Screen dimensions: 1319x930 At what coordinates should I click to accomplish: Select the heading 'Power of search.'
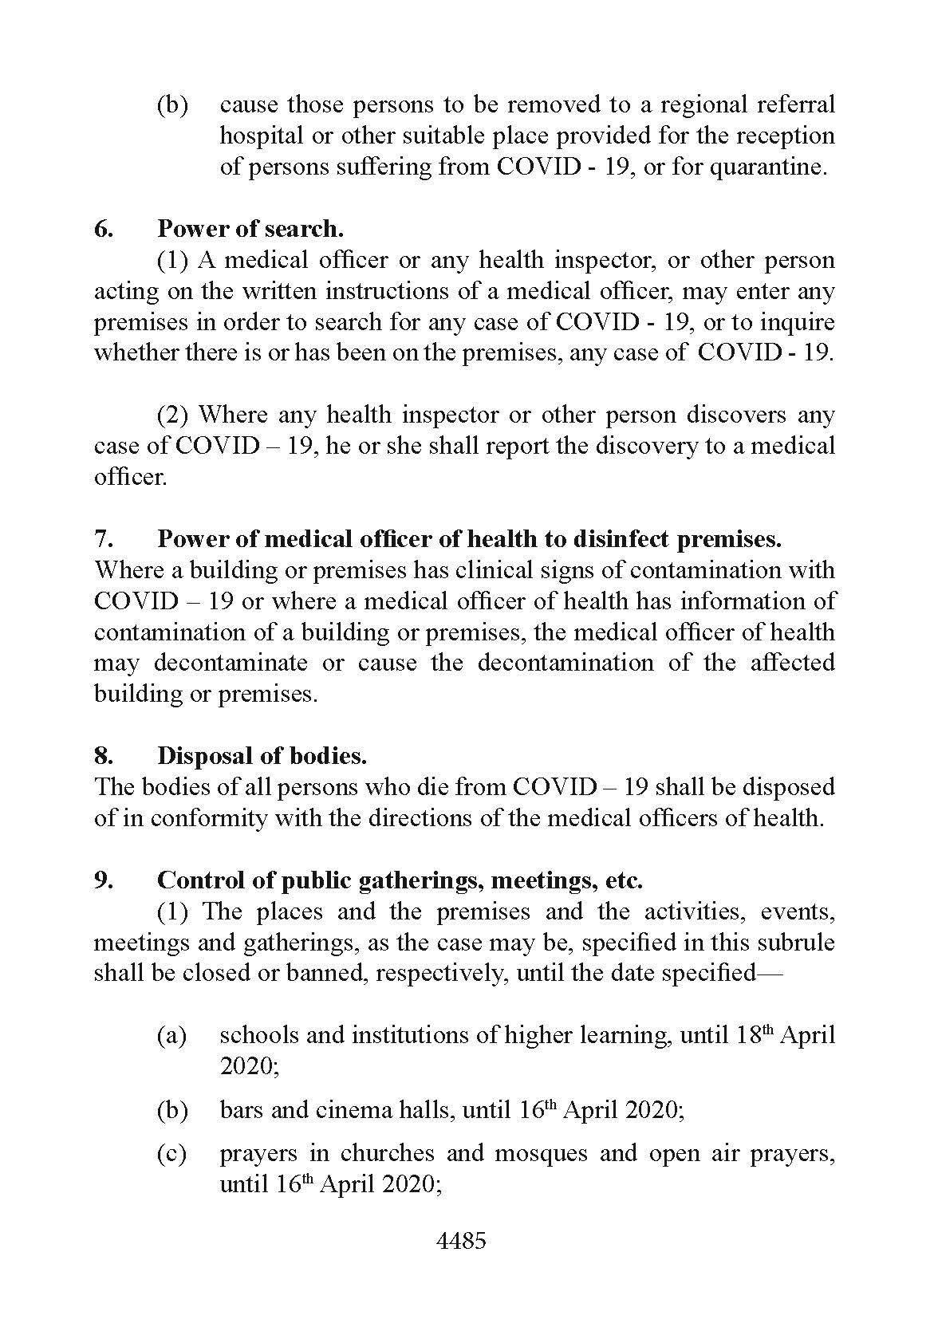(250, 229)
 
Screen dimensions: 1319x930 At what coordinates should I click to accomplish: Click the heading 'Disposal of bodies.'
(262, 755)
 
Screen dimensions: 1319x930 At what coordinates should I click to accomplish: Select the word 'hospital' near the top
(262, 136)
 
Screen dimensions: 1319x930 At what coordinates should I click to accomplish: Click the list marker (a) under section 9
(171, 1035)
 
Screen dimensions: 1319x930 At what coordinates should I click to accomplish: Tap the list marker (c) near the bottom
(171, 1154)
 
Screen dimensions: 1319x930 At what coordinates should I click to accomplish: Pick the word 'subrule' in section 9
(795, 942)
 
